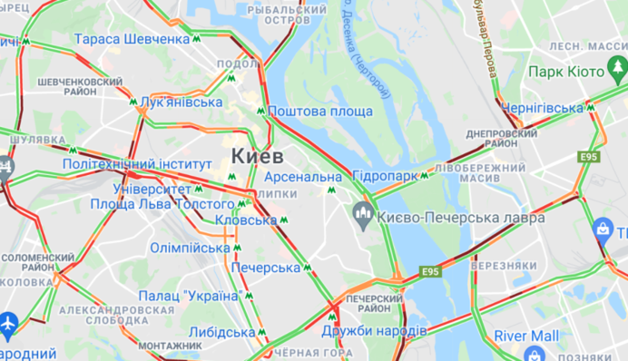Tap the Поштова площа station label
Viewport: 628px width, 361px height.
(319, 111)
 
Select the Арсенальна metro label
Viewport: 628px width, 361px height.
(303, 176)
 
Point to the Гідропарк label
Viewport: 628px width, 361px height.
(385, 175)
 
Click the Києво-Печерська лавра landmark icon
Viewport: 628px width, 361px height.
(362, 216)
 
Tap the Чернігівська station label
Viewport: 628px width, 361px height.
(541, 106)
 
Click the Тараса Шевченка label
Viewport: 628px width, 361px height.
(132, 39)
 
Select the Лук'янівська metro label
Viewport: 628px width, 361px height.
(182, 102)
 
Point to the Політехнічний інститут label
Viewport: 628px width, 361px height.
(131, 164)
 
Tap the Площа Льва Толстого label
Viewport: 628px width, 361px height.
(150, 205)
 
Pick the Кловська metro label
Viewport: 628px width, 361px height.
(246, 220)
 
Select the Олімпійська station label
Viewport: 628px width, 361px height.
(190, 248)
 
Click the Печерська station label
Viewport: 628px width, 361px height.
(265, 268)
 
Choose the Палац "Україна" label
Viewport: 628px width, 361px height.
(189, 296)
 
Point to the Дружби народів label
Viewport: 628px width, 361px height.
(374, 330)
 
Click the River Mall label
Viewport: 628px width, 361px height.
(526, 336)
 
